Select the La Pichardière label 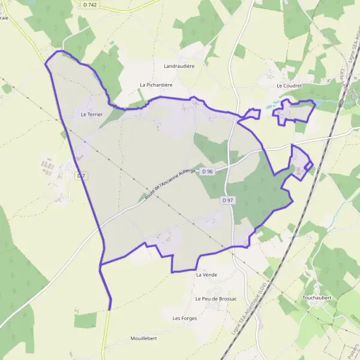[156, 85]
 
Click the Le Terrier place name [91, 113]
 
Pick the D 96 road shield [208, 172]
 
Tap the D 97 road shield [227, 200]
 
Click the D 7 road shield [82, 176]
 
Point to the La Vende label [206, 275]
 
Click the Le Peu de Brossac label [216, 299]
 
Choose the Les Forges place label [184, 318]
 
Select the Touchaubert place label [319, 298]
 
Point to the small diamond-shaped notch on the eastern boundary [308, 166]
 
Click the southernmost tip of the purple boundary [110, 309]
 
